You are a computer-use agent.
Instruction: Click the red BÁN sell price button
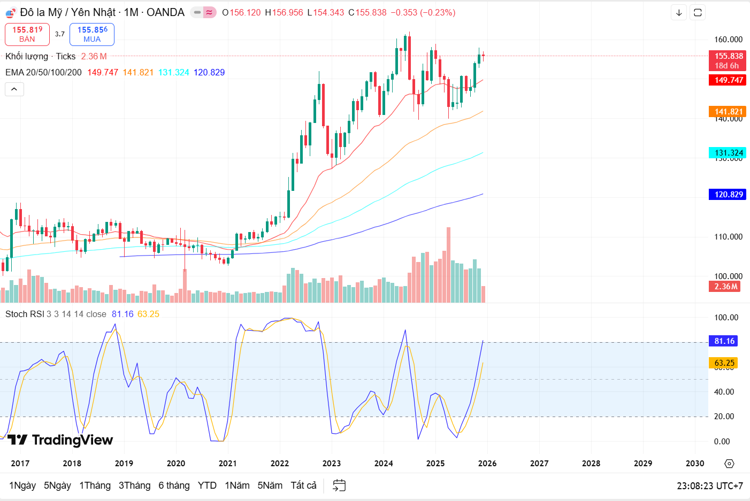[27, 34]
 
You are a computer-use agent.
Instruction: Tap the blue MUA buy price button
[92, 34]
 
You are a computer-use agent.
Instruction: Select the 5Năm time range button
[270, 485]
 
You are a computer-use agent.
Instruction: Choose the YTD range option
[207, 485]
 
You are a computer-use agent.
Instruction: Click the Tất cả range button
[303, 485]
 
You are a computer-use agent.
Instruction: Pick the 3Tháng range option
[134, 485]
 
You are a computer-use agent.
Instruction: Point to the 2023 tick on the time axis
[332, 463]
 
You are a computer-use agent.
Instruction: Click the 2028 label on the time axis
[591, 463]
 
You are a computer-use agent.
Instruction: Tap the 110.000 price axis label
[728, 236]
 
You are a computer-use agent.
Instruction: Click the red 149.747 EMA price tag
[729, 80]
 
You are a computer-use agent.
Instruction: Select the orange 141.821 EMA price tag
[729, 111]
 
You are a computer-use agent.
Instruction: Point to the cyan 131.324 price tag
[729, 153]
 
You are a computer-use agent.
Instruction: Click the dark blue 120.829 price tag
[729, 195]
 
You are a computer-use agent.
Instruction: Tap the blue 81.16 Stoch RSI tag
[724, 341]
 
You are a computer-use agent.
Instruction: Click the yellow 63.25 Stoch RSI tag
[724, 363]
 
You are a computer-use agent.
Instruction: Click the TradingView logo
[60, 440]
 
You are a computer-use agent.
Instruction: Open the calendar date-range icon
[339, 485]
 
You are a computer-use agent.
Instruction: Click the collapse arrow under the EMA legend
[14, 89]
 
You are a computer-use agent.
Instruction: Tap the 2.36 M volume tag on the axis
[726, 287]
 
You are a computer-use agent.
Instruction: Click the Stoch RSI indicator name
[24, 314]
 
